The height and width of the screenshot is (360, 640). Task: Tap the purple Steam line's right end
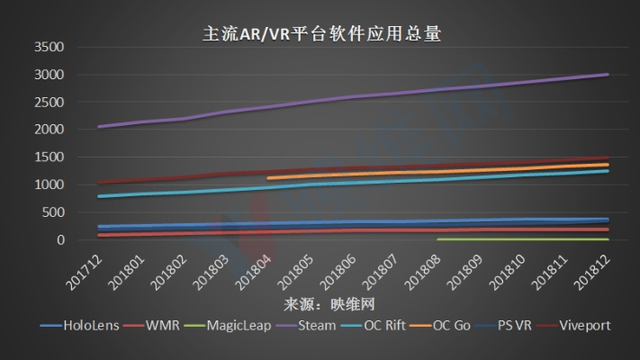click(608, 75)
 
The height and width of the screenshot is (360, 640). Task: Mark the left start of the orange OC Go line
click(269, 178)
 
